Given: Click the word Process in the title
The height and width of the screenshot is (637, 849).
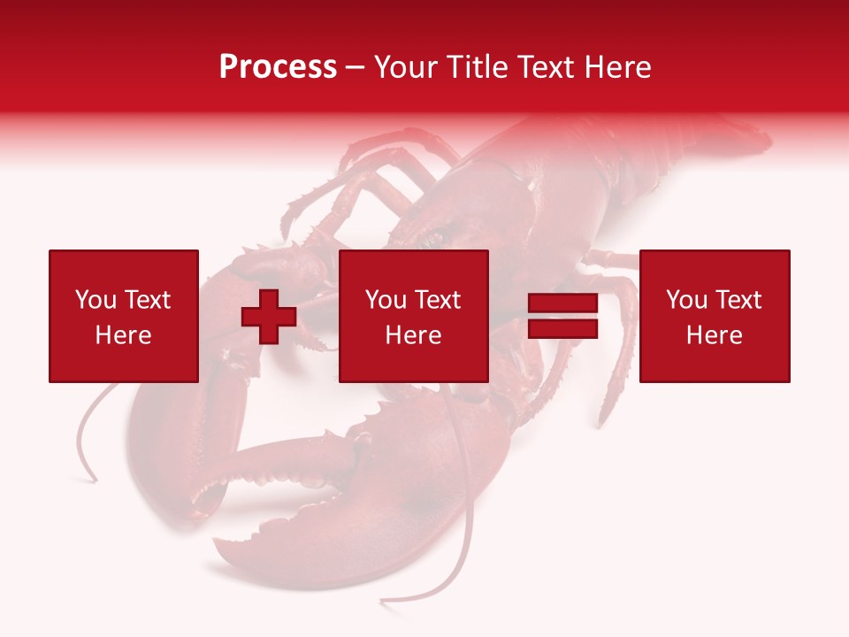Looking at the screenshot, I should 278,67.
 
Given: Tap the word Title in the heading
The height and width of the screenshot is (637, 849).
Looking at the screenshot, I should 478,67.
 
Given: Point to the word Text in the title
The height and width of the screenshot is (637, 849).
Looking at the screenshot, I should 547,67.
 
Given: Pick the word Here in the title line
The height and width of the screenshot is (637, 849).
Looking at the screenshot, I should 618,67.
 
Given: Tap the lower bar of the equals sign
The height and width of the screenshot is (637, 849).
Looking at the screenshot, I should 562,329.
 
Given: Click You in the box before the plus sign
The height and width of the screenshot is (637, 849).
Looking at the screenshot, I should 95,300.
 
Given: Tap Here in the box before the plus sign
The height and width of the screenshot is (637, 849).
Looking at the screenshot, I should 123,335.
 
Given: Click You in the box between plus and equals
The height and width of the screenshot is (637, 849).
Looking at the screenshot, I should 386,300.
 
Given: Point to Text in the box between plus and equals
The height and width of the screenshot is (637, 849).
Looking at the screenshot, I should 437,300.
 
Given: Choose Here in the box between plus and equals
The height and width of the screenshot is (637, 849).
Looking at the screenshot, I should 414,335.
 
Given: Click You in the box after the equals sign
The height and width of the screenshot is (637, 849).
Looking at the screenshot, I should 686,300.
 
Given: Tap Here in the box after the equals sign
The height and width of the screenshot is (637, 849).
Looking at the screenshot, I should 715,335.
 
